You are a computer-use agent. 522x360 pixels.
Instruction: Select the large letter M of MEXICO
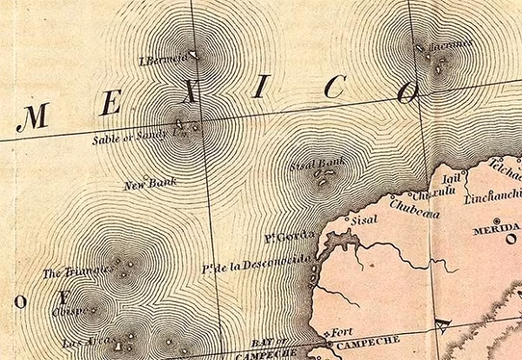32,117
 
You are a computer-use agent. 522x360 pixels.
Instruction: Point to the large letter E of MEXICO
110,103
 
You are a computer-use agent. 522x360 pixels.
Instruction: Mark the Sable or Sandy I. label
140,137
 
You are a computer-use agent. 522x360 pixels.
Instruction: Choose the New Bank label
151,183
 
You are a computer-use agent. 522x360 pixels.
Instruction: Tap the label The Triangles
77,272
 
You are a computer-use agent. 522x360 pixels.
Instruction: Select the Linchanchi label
492,197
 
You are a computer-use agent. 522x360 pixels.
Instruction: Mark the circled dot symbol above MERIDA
496,220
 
